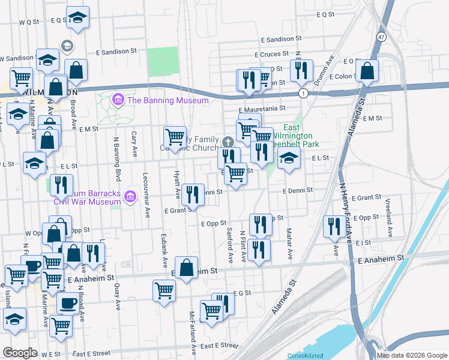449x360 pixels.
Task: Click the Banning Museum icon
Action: point(118,100)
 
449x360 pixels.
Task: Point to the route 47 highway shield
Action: point(382,37)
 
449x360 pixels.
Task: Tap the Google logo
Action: point(20,352)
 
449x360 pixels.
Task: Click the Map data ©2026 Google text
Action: point(411,355)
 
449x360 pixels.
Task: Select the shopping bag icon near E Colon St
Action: point(367,72)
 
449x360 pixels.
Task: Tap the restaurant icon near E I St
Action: point(332,226)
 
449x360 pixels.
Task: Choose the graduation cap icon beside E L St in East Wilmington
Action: point(289,159)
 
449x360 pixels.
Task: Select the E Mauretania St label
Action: point(261,109)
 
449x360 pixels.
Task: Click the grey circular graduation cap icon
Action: point(66,46)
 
